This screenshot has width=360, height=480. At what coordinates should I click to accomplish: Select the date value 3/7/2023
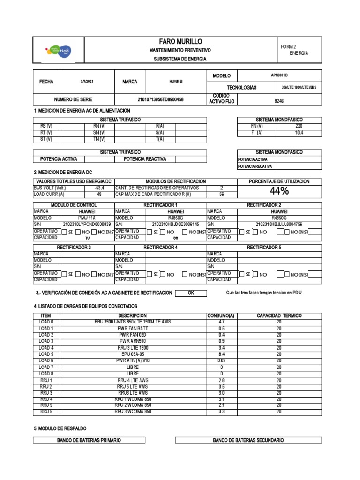coord(87,82)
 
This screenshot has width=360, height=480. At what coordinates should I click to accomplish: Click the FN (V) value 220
coord(299,126)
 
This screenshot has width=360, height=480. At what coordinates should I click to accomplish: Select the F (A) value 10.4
coord(299,133)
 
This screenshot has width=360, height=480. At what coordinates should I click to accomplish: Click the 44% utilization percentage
coord(279,191)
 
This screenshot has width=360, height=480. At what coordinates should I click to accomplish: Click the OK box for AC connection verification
coord(190,293)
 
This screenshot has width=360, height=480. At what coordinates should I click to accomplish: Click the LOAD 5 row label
coord(46,354)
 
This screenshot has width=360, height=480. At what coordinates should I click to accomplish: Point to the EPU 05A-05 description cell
coord(133,354)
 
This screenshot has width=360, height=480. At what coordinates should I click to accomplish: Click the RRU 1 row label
coord(46,380)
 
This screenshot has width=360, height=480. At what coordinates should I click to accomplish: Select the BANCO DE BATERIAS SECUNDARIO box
coord(248,440)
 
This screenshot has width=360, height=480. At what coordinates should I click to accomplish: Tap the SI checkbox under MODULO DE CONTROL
coord(65,232)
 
